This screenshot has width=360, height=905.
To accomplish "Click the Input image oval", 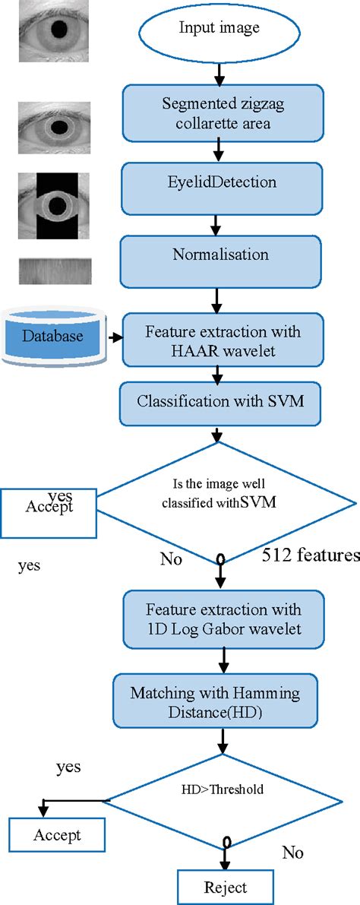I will pos(219,30).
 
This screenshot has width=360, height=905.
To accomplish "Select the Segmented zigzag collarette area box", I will pos(219,112).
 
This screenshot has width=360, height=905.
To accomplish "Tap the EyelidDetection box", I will pos(219,183).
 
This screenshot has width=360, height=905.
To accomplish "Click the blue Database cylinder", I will pos(52,335).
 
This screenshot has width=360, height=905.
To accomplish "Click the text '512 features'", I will pos(310,556).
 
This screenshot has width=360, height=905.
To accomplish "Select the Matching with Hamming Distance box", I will pos(215,701).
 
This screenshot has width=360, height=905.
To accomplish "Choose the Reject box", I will pos(225,887).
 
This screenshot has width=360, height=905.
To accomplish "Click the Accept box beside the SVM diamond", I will pos(50,506).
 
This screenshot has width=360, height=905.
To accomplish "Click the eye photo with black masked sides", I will pos(55,205).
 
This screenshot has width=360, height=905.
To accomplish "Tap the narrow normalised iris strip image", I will pos(55,271).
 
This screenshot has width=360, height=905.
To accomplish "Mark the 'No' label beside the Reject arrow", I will pos(293,853).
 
